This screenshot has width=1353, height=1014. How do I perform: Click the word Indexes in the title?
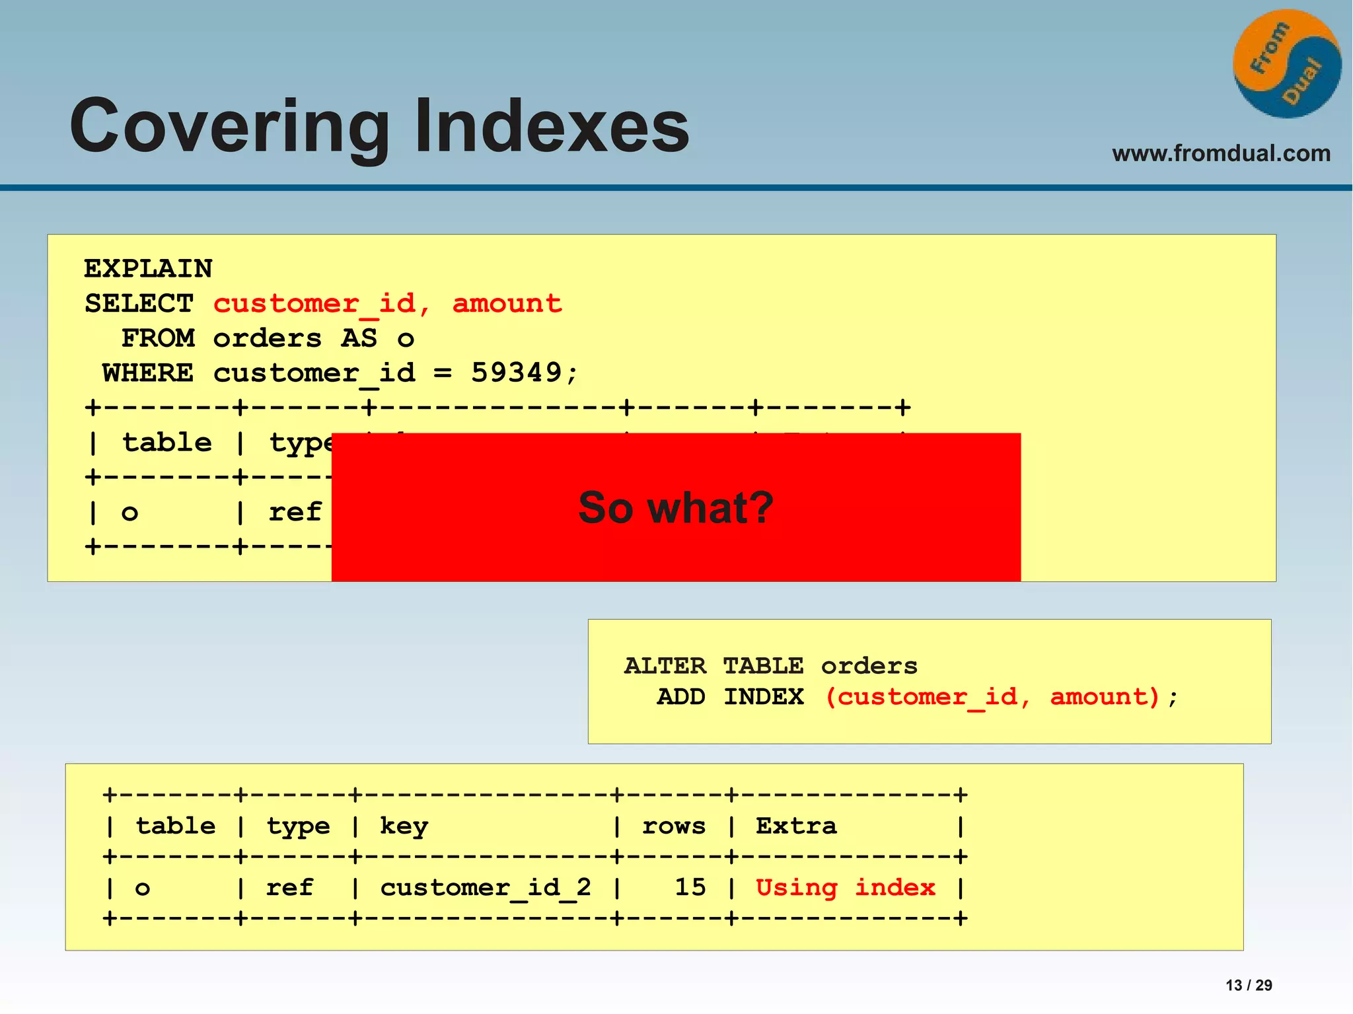pos(552,126)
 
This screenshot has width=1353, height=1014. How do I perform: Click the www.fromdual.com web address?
pos(1221,153)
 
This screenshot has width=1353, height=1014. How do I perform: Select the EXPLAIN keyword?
pos(148,269)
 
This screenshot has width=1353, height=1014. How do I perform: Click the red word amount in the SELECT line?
pos(507,303)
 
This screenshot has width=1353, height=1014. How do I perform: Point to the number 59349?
pos(516,373)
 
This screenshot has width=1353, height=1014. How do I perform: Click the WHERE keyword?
pos(148,373)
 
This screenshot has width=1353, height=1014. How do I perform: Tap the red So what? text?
pos(675,507)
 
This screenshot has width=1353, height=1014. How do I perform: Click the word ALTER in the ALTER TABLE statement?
pos(665,666)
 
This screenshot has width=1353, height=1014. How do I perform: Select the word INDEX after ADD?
pos(763,697)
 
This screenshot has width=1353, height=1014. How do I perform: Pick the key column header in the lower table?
pos(404,826)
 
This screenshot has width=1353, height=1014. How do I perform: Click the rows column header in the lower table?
pos(673,826)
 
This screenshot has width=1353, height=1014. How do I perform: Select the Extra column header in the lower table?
pos(795,826)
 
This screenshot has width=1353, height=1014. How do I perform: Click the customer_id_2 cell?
pos(485,887)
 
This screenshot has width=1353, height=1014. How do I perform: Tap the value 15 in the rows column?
pos(690,887)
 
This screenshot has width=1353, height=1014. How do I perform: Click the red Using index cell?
pos(845,887)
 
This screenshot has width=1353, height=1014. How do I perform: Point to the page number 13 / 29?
pos(1248,985)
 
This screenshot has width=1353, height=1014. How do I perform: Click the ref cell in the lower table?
pos(289,887)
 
